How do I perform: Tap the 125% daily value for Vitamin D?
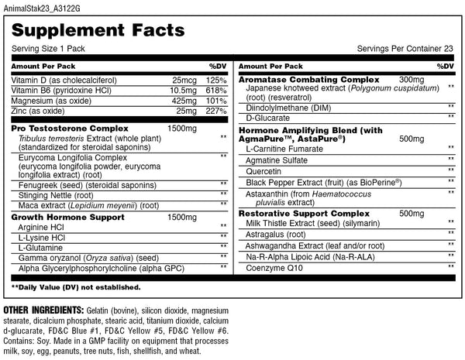[x=216, y=80]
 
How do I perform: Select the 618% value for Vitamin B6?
[x=216, y=91]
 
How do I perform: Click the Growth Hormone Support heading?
[x=59, y=218]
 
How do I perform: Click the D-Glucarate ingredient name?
[x=268, y=118]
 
